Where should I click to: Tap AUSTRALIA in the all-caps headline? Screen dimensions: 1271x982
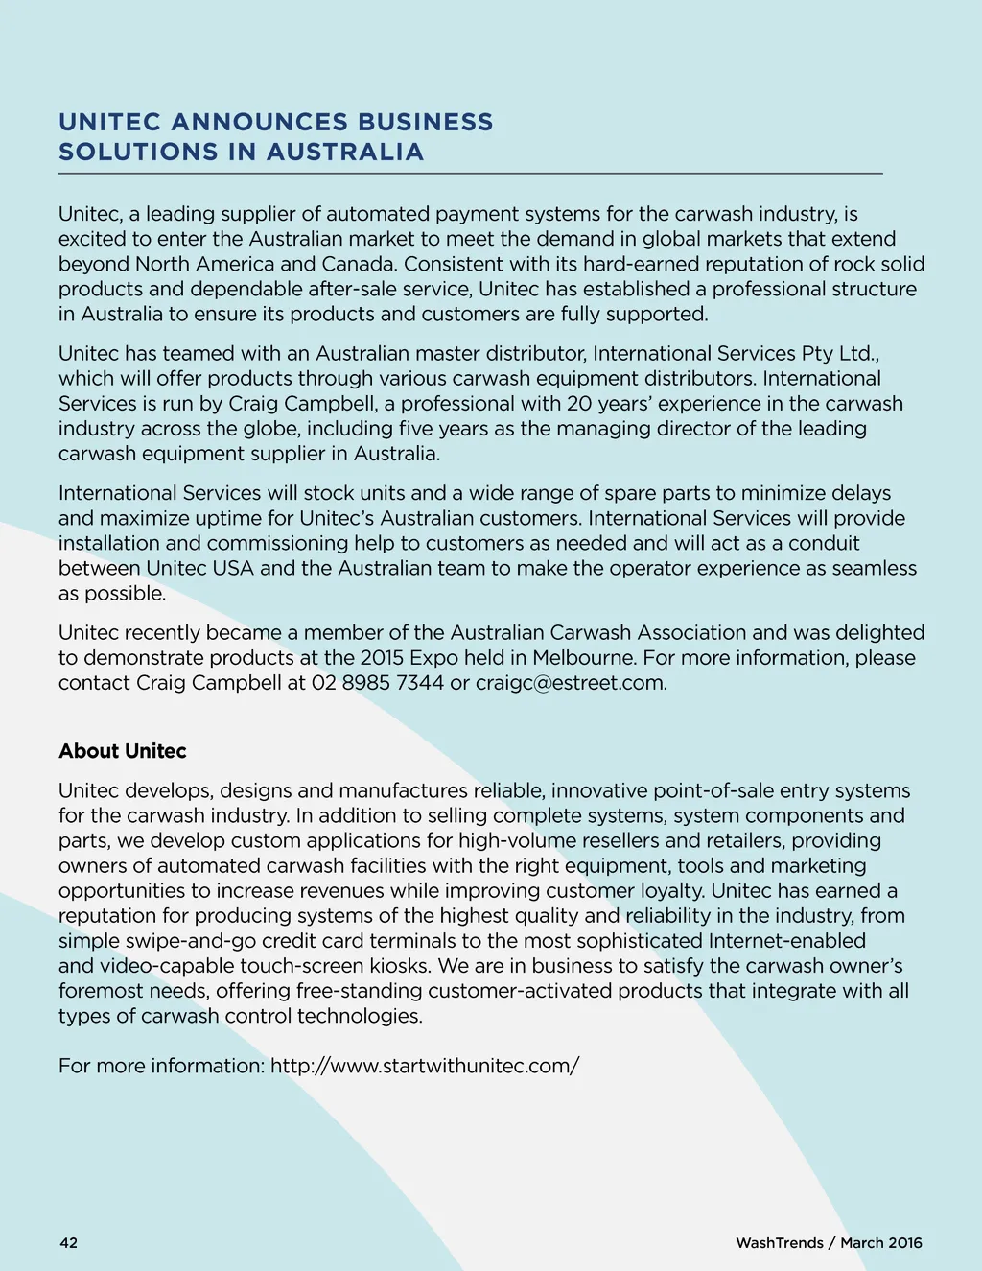(345, 152)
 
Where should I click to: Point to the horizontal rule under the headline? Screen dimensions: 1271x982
(470, 174)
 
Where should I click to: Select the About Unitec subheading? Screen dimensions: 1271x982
(123, 751)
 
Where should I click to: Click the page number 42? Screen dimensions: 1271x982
(69, 1243)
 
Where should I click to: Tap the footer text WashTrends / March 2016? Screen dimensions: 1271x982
(829, 1243)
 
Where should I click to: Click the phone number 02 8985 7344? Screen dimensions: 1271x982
(378, 683)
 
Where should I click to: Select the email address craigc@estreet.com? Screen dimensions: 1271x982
(570, 683)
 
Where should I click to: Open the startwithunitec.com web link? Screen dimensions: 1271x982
(425, 1066)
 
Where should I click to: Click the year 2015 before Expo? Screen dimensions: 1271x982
(382, 658)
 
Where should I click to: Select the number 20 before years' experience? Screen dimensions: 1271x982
(579, 404)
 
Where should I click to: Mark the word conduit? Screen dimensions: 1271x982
(824, 543)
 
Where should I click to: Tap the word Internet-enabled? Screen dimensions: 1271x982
(786, 941)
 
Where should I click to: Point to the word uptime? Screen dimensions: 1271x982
(260, 518)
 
